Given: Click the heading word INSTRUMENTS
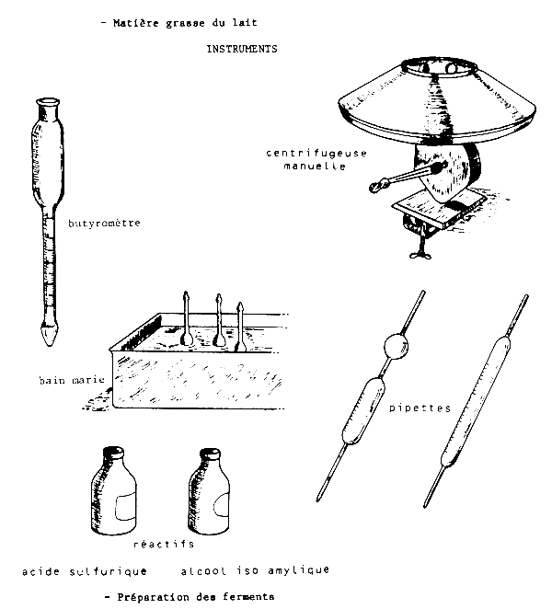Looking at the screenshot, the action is tap(242, 49).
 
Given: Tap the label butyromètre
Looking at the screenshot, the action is tap(104, 224).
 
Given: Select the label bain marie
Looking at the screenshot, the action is tap(72, 380).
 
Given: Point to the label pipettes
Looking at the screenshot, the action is tap(420, 408).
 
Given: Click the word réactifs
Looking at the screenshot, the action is tap(164, 544).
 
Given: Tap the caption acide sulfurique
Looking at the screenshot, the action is tap(85, 571).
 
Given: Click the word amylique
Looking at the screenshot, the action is tap(298, 570).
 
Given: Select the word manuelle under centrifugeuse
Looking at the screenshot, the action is tap(315, 166).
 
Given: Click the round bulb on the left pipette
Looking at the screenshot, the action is tap(396, 347).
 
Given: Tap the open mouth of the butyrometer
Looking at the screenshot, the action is tap(48, 102).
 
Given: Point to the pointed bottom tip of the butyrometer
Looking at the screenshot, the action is tap(50, 342).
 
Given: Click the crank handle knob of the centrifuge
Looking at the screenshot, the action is tap(377, 187).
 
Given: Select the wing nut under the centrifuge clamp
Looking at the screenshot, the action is tap(420, 255).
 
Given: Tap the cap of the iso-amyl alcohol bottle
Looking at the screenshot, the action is tap(210, 454).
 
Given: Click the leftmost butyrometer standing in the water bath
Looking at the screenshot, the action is tap(187, 318).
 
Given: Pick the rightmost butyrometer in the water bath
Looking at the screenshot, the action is tap(240, 327).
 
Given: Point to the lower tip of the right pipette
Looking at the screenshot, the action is tap(425, 507).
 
